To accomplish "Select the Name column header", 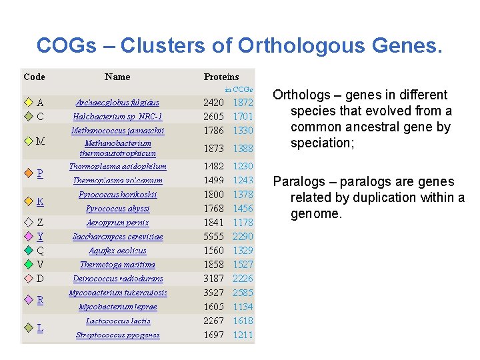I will [x=117, y=77].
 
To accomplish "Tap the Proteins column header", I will [x=221, y=77].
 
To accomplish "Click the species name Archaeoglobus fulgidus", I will [x=117, y=103].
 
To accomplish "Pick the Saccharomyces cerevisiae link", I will [x=117, y=237].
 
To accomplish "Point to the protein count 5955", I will [x=214, y=237].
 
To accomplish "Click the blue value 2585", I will [x=243, y=293].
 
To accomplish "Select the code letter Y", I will [x=41, y=237].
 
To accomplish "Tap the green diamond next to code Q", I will [x=28, y=251].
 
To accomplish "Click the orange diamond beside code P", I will [x=28, y=173].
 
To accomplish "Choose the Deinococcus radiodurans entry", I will [x=117, y=279].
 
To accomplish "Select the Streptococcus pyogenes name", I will [x=117, y=335].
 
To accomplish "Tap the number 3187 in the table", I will [x=214, y=279].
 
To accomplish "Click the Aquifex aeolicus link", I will [x=117, y=251].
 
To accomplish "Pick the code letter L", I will [x=40, y=328].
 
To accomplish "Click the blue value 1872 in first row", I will [x=243, y=103].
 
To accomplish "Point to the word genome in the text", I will [x=315, y=214].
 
